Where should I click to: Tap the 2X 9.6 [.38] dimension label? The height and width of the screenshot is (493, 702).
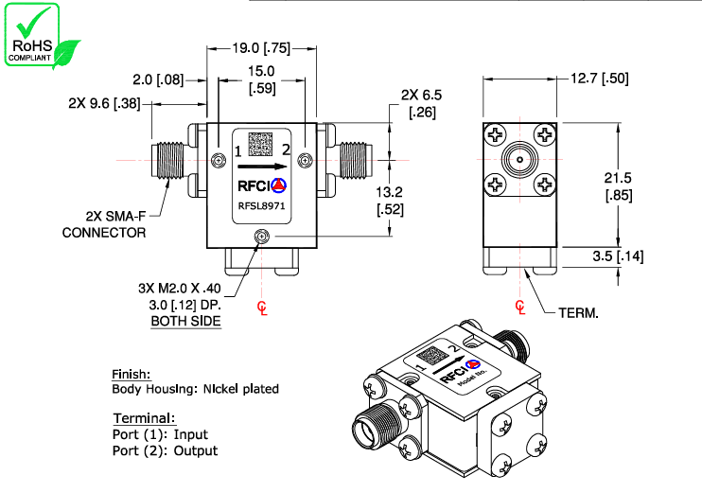point(104,103)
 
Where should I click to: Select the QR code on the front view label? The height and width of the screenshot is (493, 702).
point(261,143)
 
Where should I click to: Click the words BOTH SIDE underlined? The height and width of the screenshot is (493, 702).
point(186,322)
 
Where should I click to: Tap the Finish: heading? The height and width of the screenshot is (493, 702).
point(132,374)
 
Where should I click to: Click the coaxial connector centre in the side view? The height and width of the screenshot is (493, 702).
point(519,161)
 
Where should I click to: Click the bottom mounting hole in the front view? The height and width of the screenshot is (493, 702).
point(259,238)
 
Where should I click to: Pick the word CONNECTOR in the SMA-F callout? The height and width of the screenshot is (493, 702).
point(104,232)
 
